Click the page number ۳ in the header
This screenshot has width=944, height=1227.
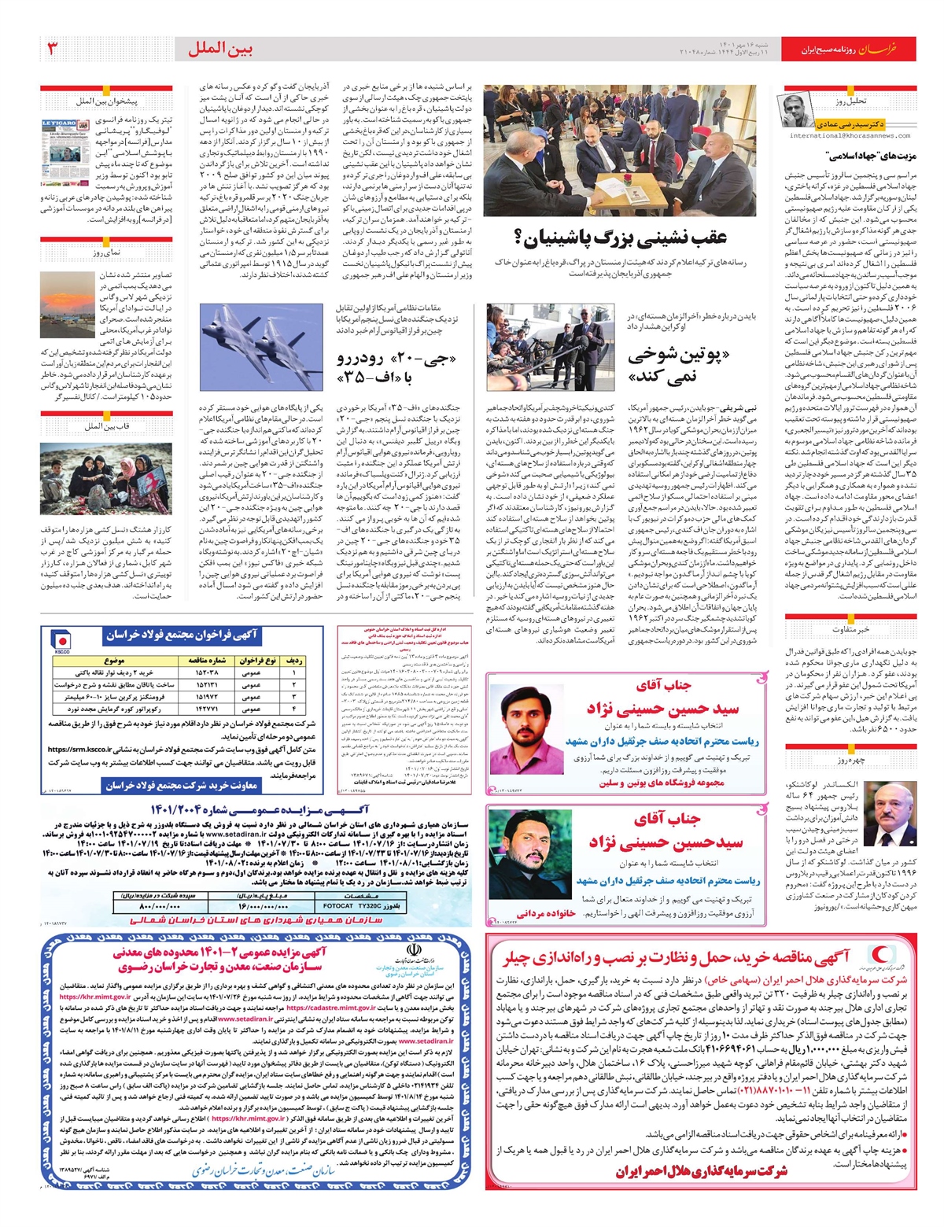click(53, 49)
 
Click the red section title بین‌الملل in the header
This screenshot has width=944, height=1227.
click(220, 49)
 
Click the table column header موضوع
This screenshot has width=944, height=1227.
click(113, 661)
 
